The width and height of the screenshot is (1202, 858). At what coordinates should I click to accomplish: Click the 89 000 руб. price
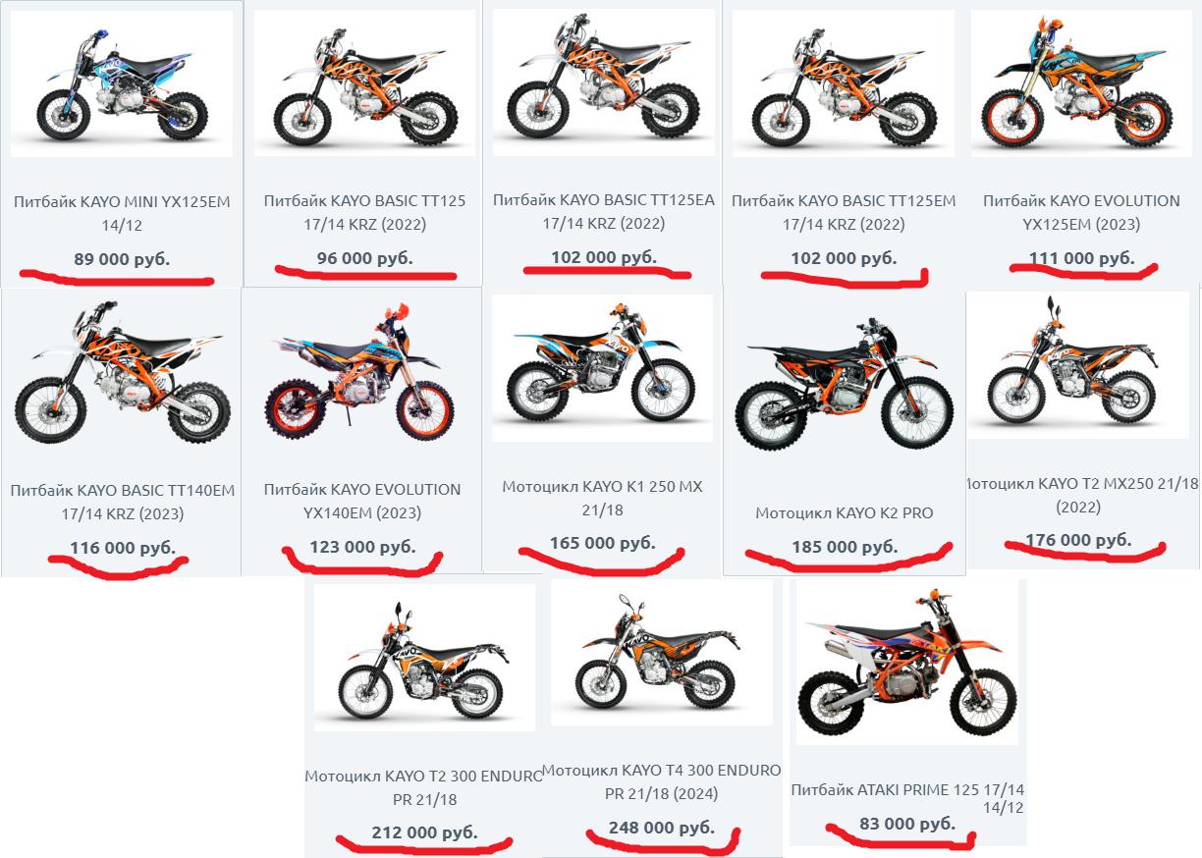click(122, 259)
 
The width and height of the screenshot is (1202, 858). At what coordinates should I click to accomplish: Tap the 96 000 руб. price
click(365, 258)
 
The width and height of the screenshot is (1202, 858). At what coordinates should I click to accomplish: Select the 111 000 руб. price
click(1082, 258)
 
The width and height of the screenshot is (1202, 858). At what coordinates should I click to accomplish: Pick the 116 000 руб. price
click(123, 548)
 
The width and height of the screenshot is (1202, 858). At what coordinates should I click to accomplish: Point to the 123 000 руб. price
click(362, 547)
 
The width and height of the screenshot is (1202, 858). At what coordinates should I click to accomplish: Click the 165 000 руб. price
click(603, 543)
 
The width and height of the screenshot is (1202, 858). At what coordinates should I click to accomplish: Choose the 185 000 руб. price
click(846, 547)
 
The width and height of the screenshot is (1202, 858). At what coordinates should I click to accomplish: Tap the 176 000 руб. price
click(1078, 539)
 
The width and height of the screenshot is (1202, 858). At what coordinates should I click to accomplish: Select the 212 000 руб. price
click(424, 832)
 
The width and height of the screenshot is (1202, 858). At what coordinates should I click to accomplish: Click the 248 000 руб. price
click(662, 828)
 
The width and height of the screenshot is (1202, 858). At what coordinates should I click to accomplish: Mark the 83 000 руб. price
click(907, 823)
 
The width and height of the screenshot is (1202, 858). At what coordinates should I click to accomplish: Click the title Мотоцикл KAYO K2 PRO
click(845, 513)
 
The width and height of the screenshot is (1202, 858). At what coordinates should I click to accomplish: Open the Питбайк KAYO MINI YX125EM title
click(122, 213)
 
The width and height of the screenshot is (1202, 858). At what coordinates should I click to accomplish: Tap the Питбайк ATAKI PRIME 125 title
click(907, 798)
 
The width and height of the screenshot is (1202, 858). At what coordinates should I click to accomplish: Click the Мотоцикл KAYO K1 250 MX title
click(602, 498)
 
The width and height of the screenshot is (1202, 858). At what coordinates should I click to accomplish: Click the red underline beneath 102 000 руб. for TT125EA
click(607, 272)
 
